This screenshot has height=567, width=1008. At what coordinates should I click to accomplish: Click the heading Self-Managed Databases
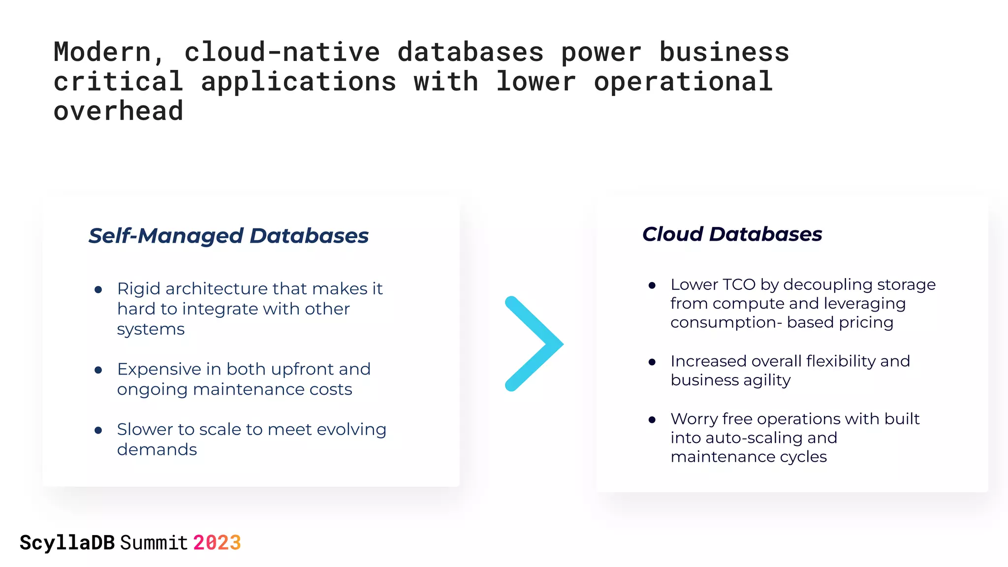[228, 236]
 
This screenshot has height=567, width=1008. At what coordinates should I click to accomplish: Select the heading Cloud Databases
[732, 234]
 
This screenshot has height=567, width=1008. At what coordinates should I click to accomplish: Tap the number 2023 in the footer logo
[217, 543]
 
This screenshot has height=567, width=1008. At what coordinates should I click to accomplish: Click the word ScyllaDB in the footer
[67, 543]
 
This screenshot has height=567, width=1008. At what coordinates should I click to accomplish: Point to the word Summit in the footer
[154, 543]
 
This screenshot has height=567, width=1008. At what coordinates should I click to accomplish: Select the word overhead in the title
[118, 111]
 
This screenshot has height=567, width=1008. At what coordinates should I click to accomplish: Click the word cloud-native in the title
[282, 52]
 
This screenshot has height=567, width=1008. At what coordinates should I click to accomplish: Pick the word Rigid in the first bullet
[139, 289]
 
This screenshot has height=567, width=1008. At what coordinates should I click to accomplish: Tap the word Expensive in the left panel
[159, 369]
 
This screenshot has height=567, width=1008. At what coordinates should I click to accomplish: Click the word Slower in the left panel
[144, 430]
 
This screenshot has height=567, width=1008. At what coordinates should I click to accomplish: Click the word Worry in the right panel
[694, 419]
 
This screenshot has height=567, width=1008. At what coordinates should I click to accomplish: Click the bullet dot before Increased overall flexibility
[652, 362]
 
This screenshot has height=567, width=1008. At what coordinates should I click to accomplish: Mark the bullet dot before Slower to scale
[98, 431]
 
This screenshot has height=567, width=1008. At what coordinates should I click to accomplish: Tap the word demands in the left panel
[157, 450]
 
